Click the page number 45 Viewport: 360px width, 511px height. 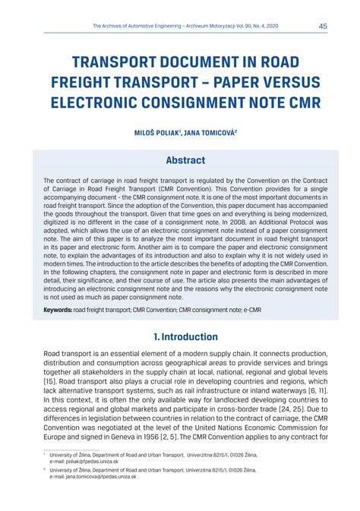pyautogui.click(x=321, y=26)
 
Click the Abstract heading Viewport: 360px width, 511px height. pyautogui.click(x=185, y=160)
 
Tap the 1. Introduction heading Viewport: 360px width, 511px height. pyautogui.click(x=185, y=336)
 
